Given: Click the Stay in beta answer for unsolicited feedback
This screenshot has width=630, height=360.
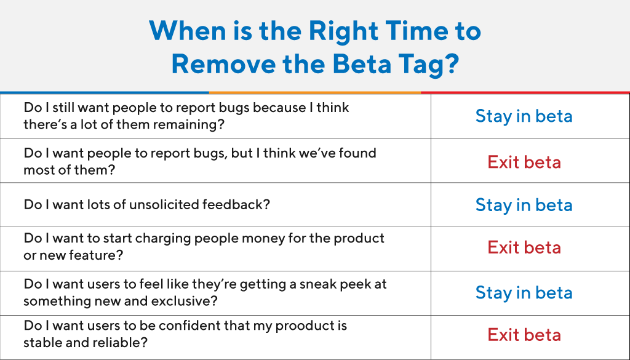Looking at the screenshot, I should click(x=524, y=205).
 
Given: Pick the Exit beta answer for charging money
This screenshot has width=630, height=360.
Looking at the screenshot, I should click(x=524, y=247).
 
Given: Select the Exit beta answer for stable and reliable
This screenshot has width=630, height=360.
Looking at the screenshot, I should click(x=524, y=335).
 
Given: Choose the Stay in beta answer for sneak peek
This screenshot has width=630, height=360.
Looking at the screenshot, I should click(x=524, y=293).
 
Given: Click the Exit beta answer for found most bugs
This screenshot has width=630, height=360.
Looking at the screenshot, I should click(x=524, y=162).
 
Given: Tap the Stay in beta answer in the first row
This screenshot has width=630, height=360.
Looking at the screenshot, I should click(x=524, y=116).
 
